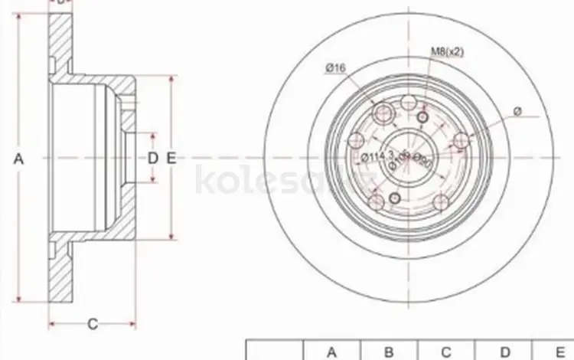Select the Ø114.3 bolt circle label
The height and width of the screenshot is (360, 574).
coord(377,158)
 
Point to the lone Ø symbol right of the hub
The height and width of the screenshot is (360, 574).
coord(517,112)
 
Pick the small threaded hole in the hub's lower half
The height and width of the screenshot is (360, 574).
coord(395,199)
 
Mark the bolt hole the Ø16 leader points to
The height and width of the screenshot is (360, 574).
coord(384,113)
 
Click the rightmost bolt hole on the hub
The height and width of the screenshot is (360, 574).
coord(461,141)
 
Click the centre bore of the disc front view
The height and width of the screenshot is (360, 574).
coord(409,158)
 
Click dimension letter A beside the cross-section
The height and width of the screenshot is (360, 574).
coord(19,159)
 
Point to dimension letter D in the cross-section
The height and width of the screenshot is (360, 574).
coord(152,159)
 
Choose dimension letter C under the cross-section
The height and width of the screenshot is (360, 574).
coord(93,324)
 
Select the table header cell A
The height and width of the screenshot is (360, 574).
coord(332,352)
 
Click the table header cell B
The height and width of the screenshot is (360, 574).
coord(389,352)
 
